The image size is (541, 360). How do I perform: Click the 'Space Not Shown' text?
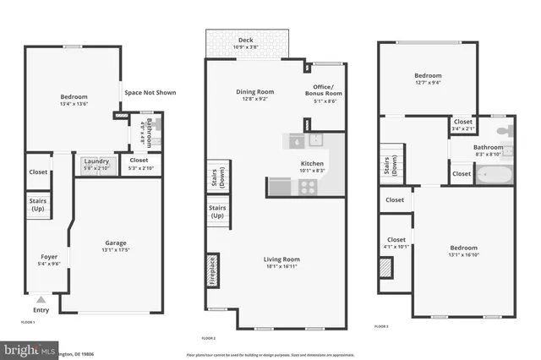[x=150, y=92]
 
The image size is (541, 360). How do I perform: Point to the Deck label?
[x=245, y=39]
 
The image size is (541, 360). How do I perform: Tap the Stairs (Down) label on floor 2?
[x=214, y=179]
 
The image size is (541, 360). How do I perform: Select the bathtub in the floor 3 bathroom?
[x=493, y=175]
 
